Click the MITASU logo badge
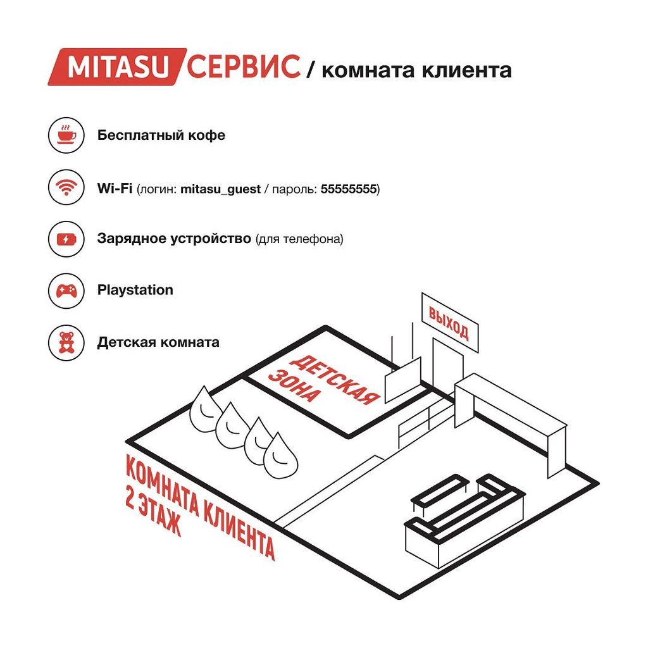(117, 67)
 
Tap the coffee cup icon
(66, 135)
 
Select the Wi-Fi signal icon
(66, 187)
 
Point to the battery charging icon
(66, 239)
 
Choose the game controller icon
(66, 290)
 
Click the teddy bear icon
(66, 342)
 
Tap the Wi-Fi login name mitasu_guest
(220, 190)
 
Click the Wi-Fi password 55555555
(349, 189)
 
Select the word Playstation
(135, 290)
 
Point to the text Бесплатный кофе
(161, 135)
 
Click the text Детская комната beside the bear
(158, 342)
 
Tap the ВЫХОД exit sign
(450, 323)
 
